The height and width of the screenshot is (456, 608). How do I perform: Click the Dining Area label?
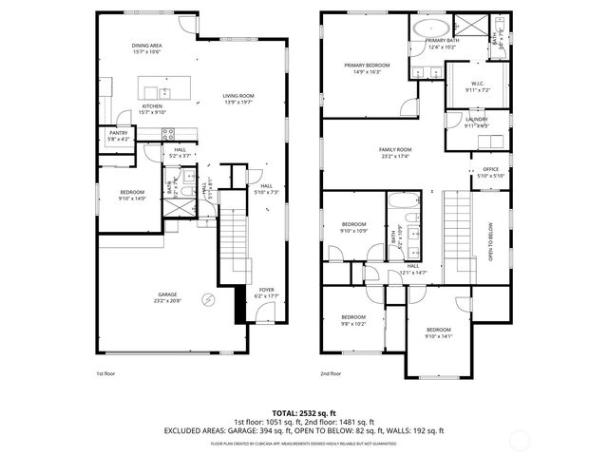coord(145,48)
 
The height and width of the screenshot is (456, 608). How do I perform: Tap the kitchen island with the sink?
coord(162,92)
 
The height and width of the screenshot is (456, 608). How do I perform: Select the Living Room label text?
coord(238,99)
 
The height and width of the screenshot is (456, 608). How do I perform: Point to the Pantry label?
coord(118,136)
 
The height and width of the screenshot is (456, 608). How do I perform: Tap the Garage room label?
coord(167,298)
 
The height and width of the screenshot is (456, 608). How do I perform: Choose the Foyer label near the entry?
coord(266,294)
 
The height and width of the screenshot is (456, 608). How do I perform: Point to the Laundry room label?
coord(476,122)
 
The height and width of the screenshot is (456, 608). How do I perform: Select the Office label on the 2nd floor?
coord(489,172)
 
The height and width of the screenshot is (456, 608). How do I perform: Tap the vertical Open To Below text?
coord(491,243)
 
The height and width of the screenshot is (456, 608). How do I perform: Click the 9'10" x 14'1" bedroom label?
coord(439,332)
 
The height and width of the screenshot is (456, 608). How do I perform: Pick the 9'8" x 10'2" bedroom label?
coord(353,320)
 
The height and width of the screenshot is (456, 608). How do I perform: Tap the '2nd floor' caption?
coord(331,374)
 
